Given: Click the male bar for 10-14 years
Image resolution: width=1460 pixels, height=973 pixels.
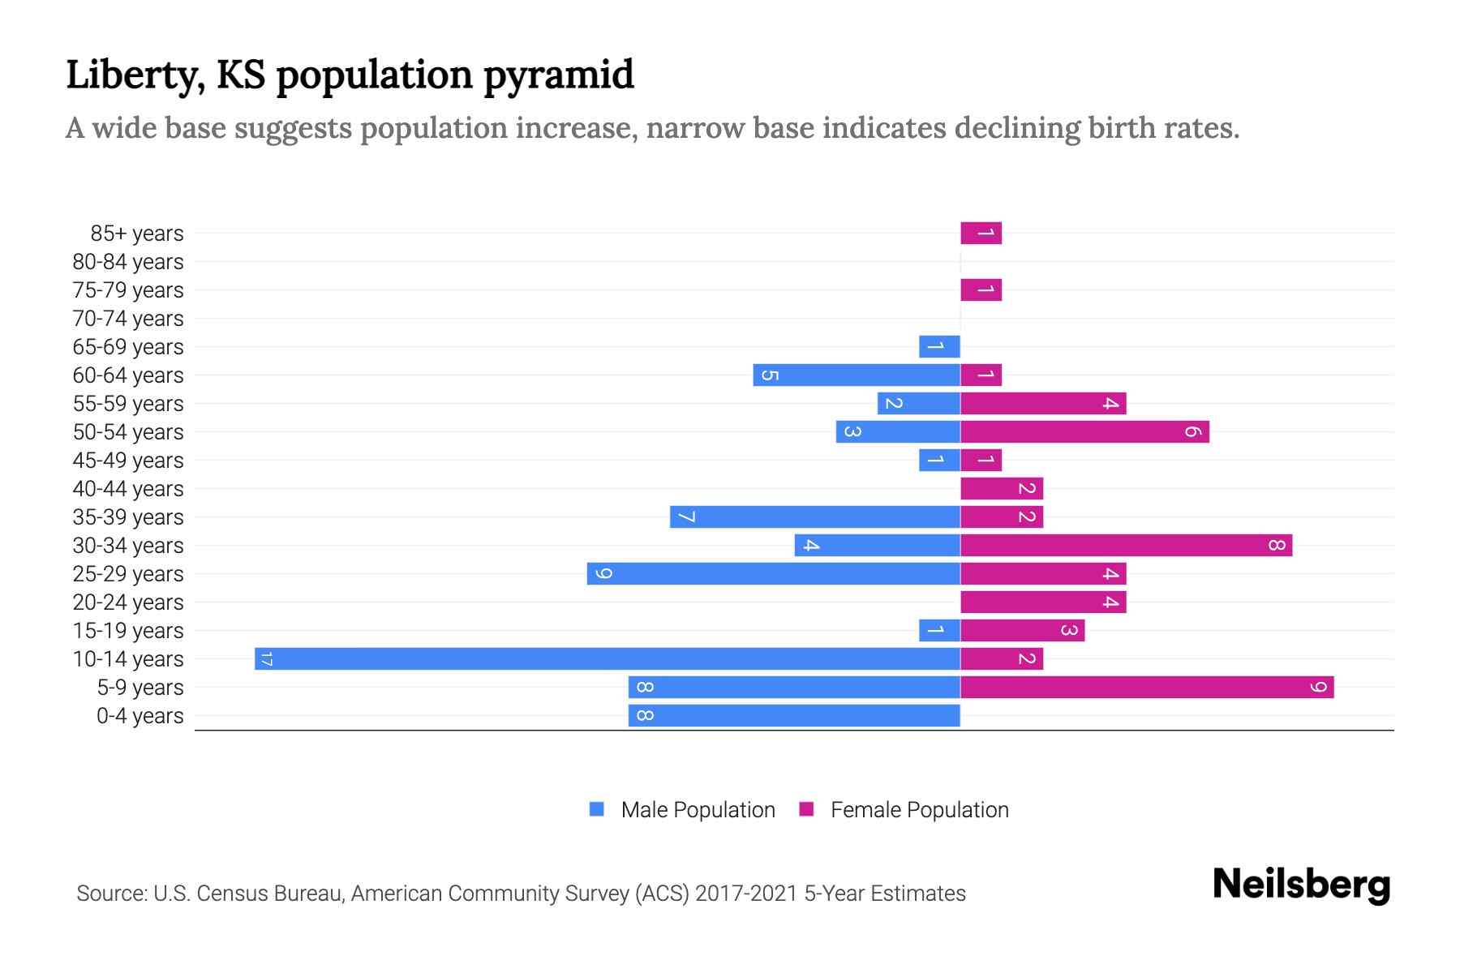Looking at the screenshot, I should (x=607, y=658).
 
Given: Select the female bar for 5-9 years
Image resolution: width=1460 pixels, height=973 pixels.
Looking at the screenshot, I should (x=1147, y=687).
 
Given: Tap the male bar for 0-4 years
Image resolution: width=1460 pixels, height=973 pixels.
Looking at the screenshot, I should (x=794, y=715).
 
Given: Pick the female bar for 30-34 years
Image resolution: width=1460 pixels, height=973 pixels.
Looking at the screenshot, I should (x=1126, y=545).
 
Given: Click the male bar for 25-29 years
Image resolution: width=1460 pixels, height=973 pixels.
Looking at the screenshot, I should (x=773, y=573).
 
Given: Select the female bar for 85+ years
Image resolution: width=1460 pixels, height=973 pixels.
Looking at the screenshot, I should (x=981, y=233).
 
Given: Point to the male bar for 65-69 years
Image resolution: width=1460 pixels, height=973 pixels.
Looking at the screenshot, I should (x=939, y=346).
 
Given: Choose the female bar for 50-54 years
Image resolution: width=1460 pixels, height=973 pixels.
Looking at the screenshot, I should (x=1084, y=431).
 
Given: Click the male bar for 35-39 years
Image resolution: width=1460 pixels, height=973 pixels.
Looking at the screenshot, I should (x=814, y=517).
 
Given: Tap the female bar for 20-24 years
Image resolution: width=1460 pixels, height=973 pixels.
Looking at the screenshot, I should (x=1043, y=602).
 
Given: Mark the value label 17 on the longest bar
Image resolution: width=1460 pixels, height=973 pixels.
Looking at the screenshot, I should (x=266, y=658).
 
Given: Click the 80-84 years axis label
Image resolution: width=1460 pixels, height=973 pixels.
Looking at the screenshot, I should (x=128, y=262).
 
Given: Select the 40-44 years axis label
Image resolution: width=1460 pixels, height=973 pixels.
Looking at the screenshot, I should (x=128, y=489).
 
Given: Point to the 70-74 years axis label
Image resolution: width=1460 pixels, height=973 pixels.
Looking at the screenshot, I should (x=128, y=319).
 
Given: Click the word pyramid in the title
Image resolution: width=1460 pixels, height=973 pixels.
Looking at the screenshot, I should (x=559, y=75).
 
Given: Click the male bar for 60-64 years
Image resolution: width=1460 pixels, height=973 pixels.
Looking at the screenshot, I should (x=857, y=375).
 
